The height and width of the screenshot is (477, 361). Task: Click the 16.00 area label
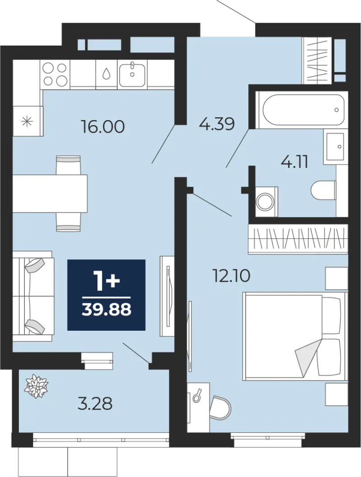(103, 126)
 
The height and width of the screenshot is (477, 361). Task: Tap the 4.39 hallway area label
(217, 124)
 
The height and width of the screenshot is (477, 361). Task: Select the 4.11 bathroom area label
(294, 162)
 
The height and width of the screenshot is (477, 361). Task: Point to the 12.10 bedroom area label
(232, 276)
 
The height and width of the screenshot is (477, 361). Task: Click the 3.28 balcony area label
(95, 404)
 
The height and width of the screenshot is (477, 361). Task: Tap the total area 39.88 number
(106, 310)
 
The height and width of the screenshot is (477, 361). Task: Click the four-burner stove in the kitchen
(55, 74)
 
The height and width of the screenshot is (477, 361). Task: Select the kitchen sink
(132, 74)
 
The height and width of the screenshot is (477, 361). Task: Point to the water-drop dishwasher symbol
(106, 73)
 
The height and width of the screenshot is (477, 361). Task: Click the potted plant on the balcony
(37, 387)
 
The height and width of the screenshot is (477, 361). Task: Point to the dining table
(50, 193)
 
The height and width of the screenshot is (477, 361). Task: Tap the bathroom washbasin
(336, 147)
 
